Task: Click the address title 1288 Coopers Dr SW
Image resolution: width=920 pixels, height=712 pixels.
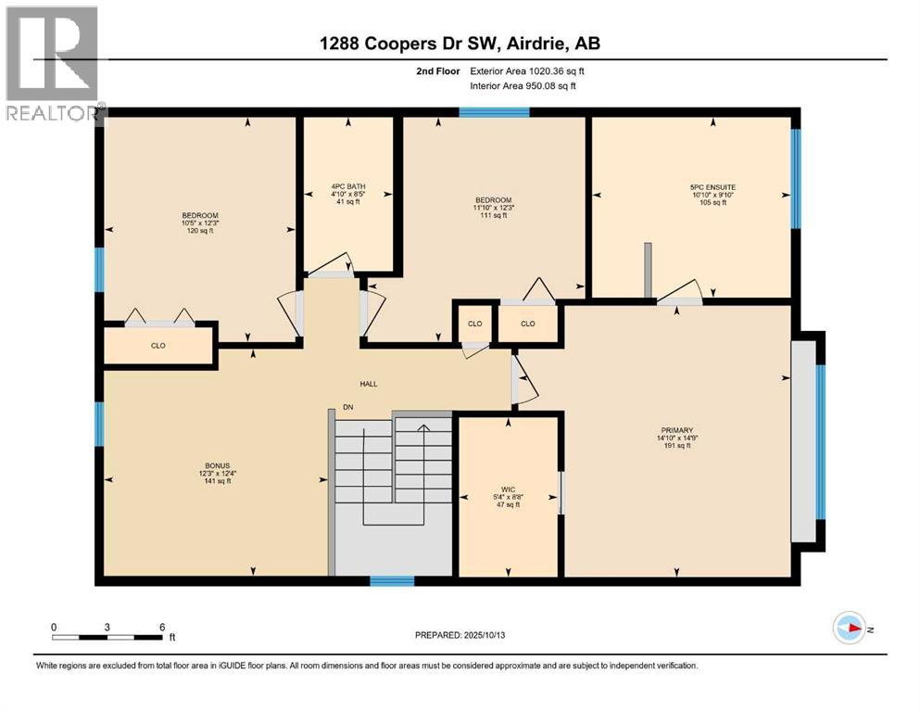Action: click(460, 44)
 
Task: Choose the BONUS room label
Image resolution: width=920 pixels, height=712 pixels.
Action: click(219, 466)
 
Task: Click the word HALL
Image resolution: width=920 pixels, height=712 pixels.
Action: click(370, 384)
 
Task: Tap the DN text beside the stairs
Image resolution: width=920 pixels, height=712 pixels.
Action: click(347, 407)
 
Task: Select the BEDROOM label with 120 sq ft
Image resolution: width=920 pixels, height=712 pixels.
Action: click(200, 215)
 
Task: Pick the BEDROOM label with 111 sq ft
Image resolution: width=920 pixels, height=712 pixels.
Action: click(493, 200)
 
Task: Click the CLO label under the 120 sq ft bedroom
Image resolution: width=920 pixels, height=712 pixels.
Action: click(158, 346)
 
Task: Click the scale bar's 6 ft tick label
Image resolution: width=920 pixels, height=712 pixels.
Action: click(162, 627)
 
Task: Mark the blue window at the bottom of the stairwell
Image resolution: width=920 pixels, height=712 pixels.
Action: click(391, 581)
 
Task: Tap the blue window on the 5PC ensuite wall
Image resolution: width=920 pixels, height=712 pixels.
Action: click(796, 178)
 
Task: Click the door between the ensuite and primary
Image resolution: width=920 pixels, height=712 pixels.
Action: click(680, 295)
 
